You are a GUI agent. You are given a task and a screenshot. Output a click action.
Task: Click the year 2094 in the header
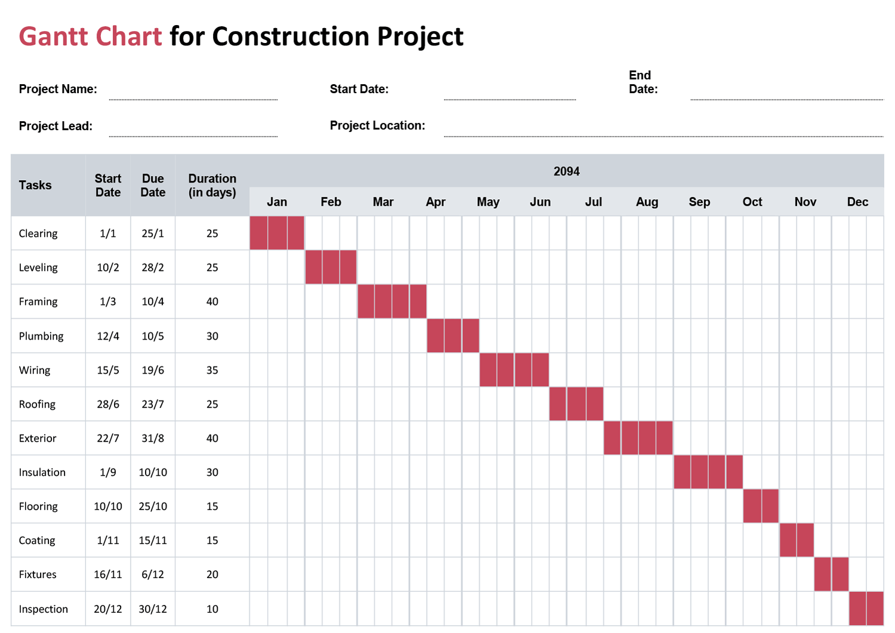tap(566, 171)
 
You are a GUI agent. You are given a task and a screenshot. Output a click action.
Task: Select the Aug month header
tap(647, 202)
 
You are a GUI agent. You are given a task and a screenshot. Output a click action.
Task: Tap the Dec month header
tap(857, 202)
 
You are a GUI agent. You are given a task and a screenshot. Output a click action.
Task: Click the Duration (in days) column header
tap(212, 185)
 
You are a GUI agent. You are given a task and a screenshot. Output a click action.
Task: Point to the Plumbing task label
tap(41, 336)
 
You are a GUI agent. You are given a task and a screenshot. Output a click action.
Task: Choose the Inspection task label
tap(43, 609)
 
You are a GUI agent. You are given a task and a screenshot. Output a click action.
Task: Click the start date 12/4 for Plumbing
tap(108, 336)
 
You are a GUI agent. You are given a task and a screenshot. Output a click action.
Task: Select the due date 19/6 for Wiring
tap(153, 370)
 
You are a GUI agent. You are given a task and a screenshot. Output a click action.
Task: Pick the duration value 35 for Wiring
tap(212, 370)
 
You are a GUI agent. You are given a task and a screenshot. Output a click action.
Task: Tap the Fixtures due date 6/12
tap(153, 575)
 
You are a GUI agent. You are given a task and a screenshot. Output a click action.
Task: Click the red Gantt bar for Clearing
tap(277, 233)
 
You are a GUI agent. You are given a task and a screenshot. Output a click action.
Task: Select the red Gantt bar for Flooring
tap(761, 506)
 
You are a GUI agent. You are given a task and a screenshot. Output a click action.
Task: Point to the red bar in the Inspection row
tap(866, 609)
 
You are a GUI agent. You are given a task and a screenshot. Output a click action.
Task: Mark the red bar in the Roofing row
tap(576, 404)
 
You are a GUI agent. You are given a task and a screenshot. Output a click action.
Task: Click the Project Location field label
tap(377, 125)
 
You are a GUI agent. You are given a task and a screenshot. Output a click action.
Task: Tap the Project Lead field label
tap(55, 126)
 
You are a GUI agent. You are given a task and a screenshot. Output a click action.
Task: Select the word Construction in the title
tap(291, 36)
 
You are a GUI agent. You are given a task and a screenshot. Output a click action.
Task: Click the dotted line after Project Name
tap(193, 99)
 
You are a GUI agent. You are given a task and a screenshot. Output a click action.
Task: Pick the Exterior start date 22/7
tap(108, 439)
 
